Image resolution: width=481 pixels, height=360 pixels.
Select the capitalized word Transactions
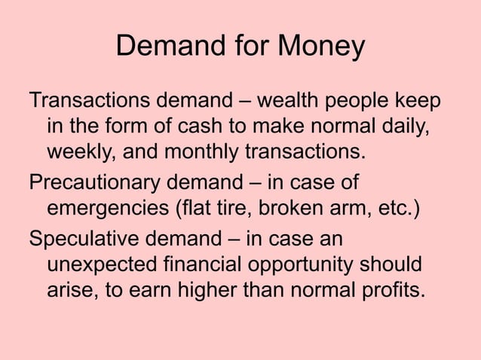pos(90,101)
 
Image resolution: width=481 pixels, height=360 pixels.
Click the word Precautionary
pos(96,184)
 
